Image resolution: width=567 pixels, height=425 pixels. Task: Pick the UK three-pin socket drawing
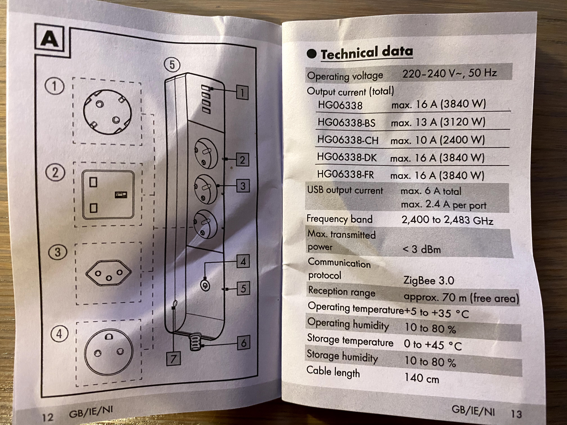pyautogui.click(x=108, y=195)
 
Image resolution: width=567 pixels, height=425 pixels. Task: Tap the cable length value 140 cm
pyautogui.click(x=421, y=378)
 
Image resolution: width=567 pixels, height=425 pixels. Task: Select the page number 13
pyautogui.click(x=516, y=414)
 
